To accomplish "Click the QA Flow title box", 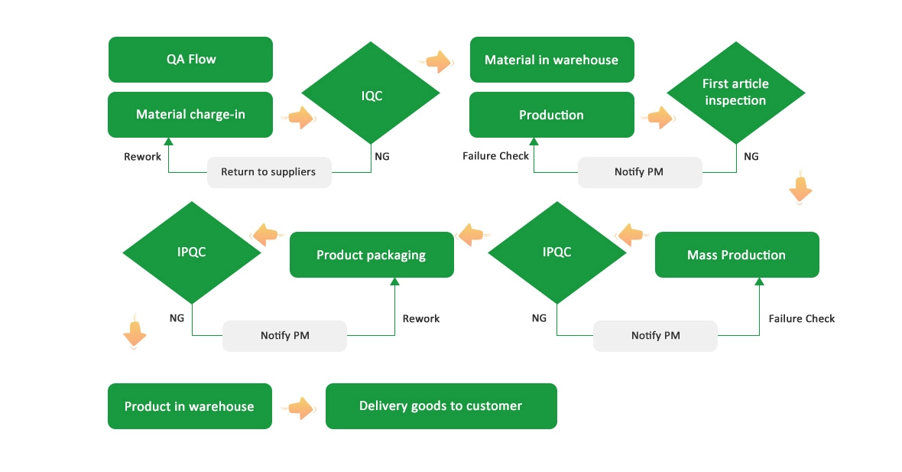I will pyautogui.click(x=190, y=60).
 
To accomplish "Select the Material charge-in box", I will pyautogui.click(x=190, y=115).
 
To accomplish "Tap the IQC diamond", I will pyautogui.click(x=371, y=96).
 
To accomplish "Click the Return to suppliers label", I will pyautogui.click(x=268, y=172).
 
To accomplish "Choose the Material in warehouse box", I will pyautogui.click(x=551, y=60).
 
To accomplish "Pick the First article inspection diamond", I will pyautogui.click(x=735, y=93).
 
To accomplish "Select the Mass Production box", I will pyautogui.click(x=736, y=255).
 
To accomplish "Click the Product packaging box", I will pyautogui.click(x=371, y=255).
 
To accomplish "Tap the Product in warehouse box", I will pyautogui.click(x=189, y=406).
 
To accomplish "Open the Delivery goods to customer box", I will pyautogui.click(x=440, y=406).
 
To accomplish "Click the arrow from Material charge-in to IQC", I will pyautogui.click(x=300, y=118).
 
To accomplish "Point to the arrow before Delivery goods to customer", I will pyautogui.click(x=300, y=409).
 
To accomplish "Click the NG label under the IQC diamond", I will pyautogui.click(x=382, y=156).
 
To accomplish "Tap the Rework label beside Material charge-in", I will pyautogui.click(x=143, y=156).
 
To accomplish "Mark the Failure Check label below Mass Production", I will pyautogui.click(x=802, y=318).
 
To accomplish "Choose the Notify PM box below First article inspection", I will pyautogui.click(x=639, y=172).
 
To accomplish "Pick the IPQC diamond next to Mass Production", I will pyautogui.click(x=556, y=252).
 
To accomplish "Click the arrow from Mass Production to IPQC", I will pyautogui.click(x=631, y=235).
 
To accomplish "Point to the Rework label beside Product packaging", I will pyautogui.click(x=421, y=318).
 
